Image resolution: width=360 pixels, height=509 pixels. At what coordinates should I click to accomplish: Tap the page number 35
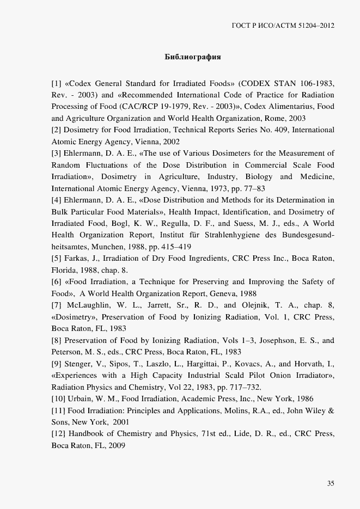pyautogui.click(x=331, y=483)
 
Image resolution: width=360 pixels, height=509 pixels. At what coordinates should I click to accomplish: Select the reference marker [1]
pyautogui.click(x=56, y=83)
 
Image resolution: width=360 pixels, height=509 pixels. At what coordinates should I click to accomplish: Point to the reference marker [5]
pyautogui.click(x=56, y=258)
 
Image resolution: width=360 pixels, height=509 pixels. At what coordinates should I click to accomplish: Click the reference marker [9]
pyautogui.click(x=56, y=364)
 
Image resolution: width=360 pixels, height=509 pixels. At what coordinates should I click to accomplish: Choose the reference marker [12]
pyautogui.click(x=58, y=434)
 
